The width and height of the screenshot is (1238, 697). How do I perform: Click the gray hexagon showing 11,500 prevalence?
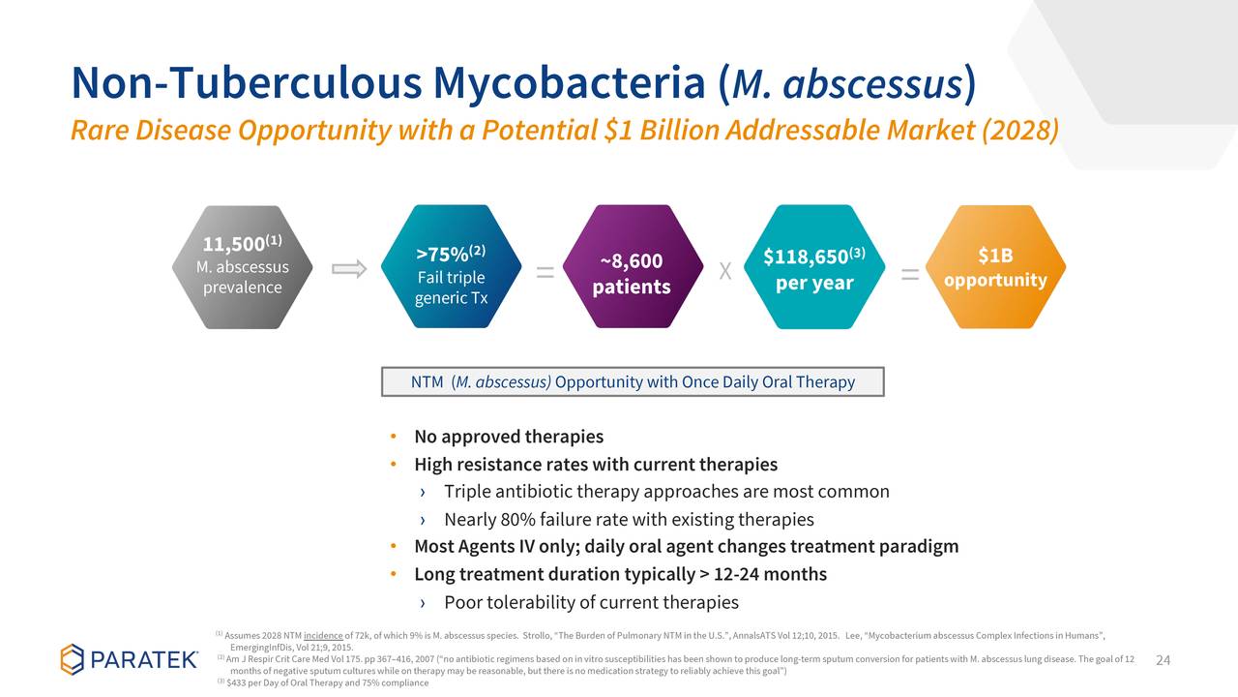(x=242, y=267)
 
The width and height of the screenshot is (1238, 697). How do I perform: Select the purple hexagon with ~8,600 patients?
(x=633, y=266)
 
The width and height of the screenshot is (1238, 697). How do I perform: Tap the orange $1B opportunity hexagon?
(x=995, y=267)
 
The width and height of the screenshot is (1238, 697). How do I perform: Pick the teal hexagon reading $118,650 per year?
(x=814, y=267)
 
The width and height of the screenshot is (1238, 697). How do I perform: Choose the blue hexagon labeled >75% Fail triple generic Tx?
(x=451, y=266)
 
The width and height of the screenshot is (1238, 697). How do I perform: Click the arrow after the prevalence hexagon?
(x=349, y=269)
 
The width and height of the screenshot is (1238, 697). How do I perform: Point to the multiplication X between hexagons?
(x=725, y=271)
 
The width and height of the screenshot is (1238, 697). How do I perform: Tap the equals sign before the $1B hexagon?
(x=910, y=274)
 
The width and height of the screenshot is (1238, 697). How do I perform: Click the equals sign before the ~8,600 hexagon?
(x=545, y=272)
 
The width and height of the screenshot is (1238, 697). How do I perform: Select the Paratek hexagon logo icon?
(x=72, y=659)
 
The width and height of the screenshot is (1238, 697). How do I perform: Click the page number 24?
(x=1163, y=660)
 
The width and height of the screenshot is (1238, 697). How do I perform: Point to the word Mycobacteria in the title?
(x=570, y=84)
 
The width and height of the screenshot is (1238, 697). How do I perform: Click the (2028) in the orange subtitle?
(x=1020, y=131)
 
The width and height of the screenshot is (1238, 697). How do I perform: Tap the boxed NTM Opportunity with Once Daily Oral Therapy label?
(x=633, y=381)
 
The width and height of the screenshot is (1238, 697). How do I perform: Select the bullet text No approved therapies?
(x=509, y=437)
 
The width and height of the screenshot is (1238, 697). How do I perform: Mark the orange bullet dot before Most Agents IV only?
(x=394, y=547)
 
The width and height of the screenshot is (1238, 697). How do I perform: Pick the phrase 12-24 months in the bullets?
(x=771, y=574)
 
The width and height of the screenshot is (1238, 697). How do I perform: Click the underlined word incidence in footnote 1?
(x=323, y=636)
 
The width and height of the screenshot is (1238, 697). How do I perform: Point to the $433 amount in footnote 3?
(x=237, y=683)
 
